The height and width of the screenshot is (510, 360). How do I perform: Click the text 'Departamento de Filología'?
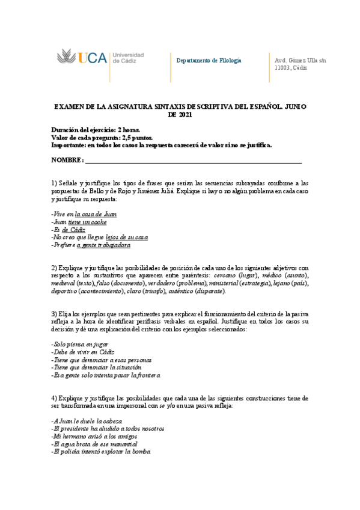coord(209,61)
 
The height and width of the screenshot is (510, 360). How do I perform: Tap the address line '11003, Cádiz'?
coord(290,68)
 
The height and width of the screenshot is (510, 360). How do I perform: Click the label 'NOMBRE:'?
coord(67,161)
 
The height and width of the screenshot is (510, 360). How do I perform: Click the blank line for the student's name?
coord(193,162)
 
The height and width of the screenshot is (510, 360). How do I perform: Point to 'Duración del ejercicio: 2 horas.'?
coord(96,129)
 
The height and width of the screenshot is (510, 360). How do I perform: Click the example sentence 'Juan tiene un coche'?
coord(80,222)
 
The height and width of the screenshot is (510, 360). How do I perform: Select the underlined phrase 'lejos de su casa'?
coord(127,238)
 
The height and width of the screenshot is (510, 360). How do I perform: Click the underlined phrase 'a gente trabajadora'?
coord(103,245)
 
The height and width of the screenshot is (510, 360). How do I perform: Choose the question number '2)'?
coord(54,267)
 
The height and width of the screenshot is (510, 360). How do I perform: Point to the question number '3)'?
coord(54,314)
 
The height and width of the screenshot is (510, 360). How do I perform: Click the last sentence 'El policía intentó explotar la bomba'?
coord(101,452)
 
